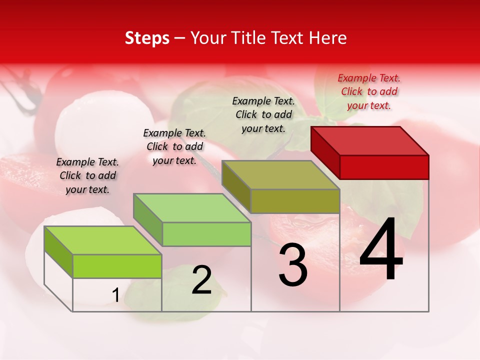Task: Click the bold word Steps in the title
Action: tap(147, 38)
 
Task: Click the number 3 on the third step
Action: tap(293, 265)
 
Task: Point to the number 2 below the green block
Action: tap(201, 280)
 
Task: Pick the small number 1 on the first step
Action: tap(115, 295)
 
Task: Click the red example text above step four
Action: tap(369, 91)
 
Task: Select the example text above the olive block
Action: tap(263, 114)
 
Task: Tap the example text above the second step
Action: tap(174, 146)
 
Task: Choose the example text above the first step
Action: tap(87, 175)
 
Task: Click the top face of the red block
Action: tap(370, 140)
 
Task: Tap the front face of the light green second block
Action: tap(207, 234)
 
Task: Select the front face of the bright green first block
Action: tap(117, 266)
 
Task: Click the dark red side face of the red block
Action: tap(325, 153)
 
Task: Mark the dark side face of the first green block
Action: tap(58, 251)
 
